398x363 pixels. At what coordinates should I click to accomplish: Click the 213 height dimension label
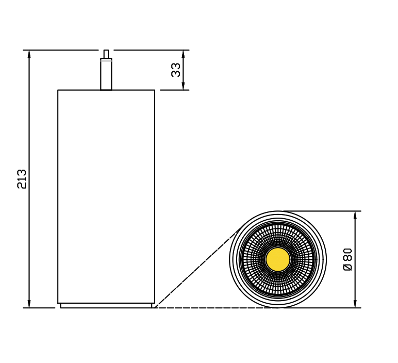[22, 179]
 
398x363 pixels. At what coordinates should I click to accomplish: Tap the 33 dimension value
[176, 70]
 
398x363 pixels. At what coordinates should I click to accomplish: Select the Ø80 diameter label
[348, 259]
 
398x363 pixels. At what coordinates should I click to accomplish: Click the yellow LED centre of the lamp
[278, 259]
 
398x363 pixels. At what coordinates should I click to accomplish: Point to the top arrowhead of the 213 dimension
[29, 54]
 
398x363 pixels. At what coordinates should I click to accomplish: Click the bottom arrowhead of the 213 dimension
[29, 304]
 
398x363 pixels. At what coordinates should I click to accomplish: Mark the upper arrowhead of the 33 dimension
[183, 54]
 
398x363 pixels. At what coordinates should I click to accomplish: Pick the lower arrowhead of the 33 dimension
[183, 86]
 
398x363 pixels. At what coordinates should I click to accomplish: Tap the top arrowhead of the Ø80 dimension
[355, 215]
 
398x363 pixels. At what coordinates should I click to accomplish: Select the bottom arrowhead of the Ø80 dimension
[355, 304]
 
